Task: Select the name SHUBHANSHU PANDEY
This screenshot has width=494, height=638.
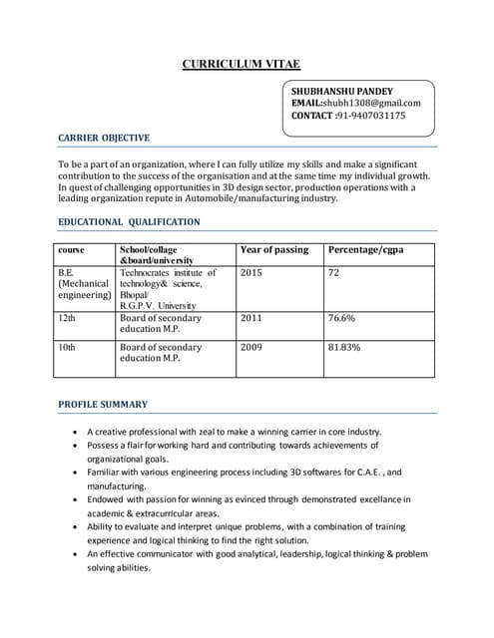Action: tap(341, 91)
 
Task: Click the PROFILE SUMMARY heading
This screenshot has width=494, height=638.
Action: tap(103, 404)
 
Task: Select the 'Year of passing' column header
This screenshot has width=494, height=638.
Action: tap(274, 249)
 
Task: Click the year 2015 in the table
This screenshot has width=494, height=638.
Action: tap(251, 271)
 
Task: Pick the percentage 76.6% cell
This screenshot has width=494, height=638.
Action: tap(343, 319)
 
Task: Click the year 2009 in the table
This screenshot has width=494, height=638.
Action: tap(251, 348)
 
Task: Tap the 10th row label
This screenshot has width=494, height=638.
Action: tap(67, 348)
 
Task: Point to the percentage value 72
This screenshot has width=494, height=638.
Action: tap(334, 271)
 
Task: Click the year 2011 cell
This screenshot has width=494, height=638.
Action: tap(251, 319)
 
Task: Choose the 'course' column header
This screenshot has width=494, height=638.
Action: tap(71, 249)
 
